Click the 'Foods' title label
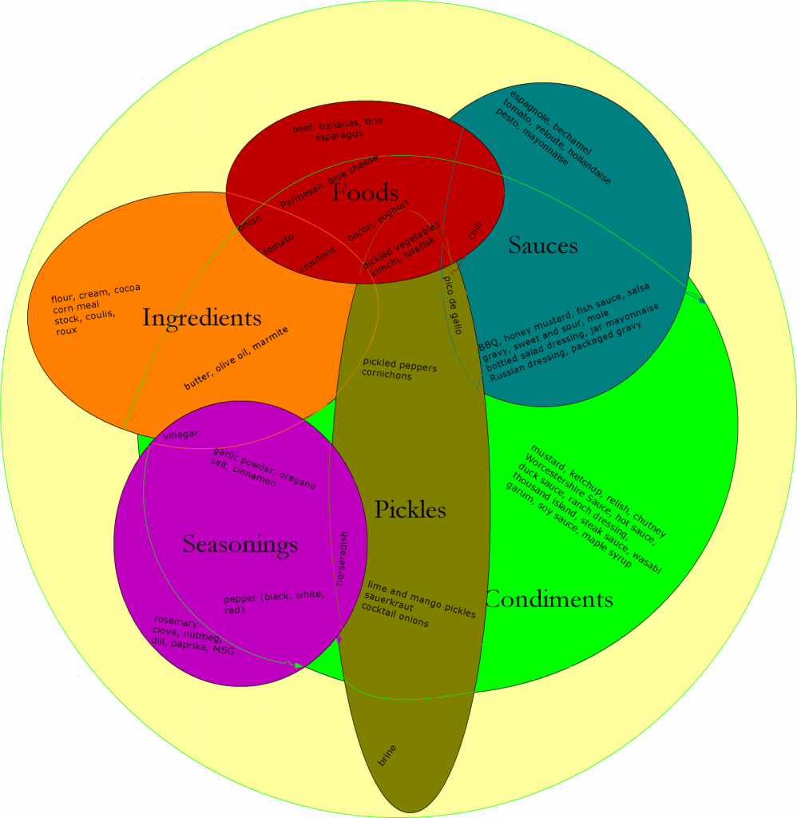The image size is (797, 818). [365, 193]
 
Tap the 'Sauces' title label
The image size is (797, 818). [543, 245]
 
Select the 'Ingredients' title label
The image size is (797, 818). [202, 318]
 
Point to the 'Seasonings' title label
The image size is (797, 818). [240, 545]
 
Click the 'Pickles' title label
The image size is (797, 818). [410, 509]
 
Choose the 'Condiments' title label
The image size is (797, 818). [549, 599]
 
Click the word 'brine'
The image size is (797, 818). [387, 756]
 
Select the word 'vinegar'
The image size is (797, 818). [180, 435]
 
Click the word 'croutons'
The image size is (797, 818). [318, 258]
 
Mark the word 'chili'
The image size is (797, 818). [476, 232]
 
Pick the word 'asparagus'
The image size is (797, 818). [339, 135]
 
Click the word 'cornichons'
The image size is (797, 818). [387, 375]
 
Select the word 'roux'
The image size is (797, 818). [66, 331]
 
